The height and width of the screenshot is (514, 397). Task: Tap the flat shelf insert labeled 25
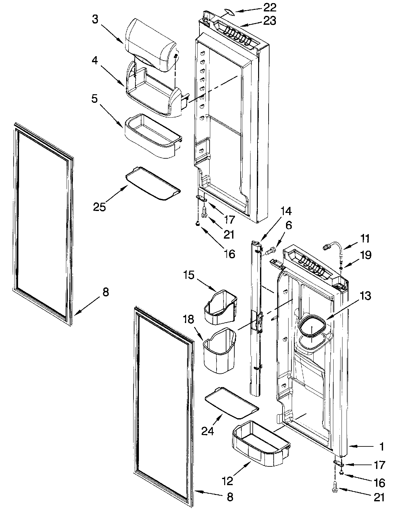coord(153,184)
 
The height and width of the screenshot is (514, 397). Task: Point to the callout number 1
coord(382,447)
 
